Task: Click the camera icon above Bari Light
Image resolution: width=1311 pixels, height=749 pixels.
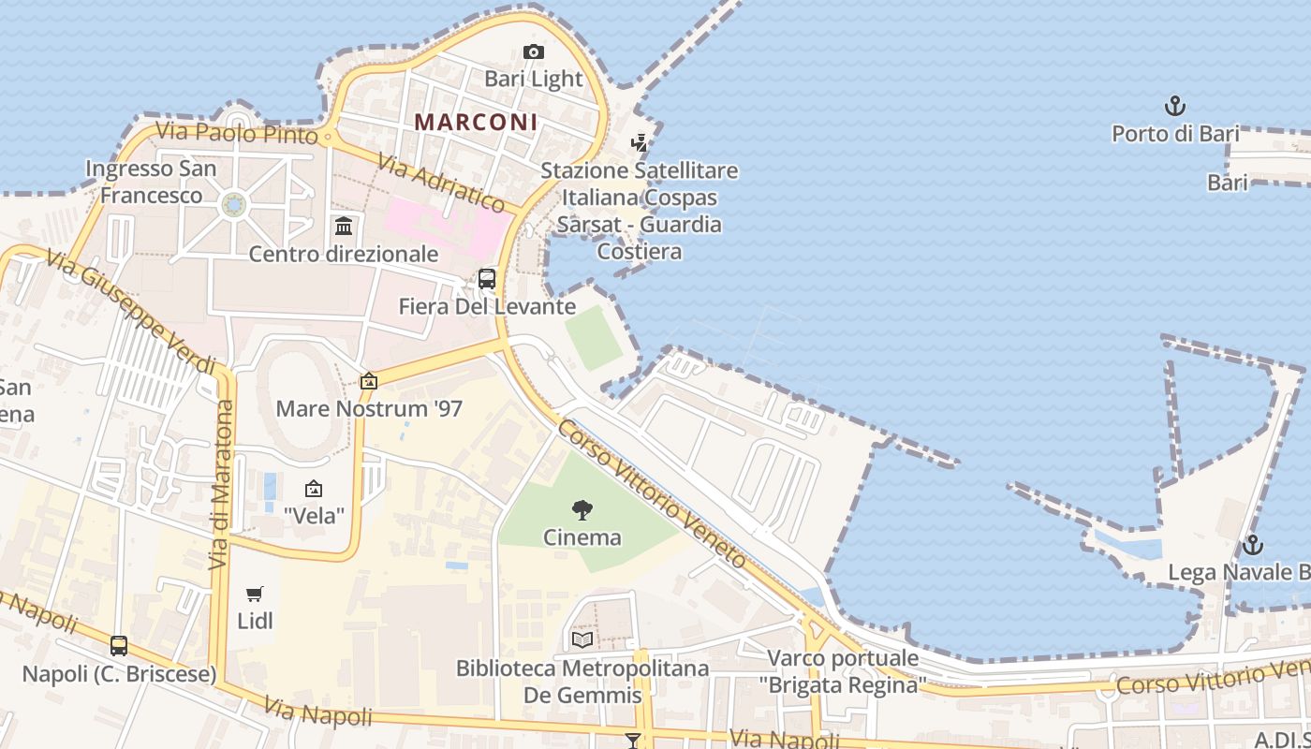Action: click(534, 52)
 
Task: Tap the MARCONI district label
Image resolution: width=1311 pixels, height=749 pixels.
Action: click(476, 122)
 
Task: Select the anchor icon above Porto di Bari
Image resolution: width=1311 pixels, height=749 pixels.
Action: click(1174, 107)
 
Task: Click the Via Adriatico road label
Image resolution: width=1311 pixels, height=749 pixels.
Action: click(441, 184)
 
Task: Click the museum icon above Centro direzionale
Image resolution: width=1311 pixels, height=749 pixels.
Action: click(344, 227)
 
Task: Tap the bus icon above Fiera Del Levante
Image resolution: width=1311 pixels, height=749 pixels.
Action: click(487, 278)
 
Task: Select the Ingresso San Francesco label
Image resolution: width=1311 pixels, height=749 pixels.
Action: click(151, 182)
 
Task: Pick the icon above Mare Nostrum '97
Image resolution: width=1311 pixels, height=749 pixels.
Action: click(369, 381)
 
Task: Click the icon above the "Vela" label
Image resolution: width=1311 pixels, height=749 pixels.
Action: click(314, 489)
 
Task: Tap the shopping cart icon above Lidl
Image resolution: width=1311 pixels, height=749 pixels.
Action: click(255, 594)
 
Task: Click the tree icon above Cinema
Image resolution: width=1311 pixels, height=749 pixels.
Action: click(582, 510)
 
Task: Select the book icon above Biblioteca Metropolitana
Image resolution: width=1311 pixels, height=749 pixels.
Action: click(582, 639)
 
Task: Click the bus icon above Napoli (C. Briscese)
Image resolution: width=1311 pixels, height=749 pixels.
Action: click(119, 646)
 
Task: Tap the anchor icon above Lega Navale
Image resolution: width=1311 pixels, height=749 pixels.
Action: click(1252, 545)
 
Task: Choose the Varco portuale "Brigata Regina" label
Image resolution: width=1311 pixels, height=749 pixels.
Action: click(842, 670)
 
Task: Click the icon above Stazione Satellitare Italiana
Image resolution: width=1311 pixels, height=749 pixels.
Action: click(640, 143)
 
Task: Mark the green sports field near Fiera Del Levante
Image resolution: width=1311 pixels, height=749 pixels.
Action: click(593, 337)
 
